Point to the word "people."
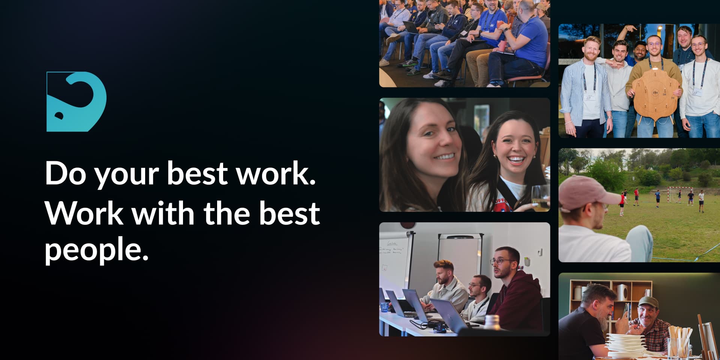[97, 251]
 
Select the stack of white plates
[625, 345]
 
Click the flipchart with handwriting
[395, 262]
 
